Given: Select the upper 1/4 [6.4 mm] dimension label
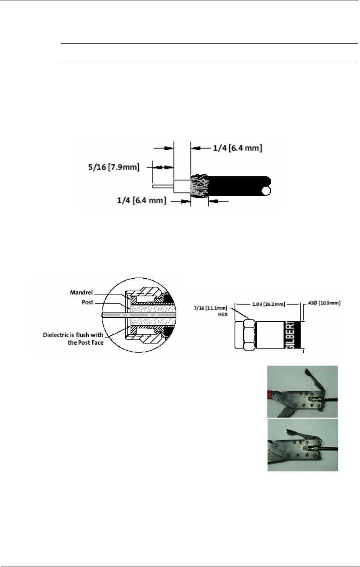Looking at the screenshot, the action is (237, 148).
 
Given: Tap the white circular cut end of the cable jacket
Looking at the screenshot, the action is (266, 191).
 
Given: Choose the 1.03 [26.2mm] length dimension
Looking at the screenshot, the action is (269, 303).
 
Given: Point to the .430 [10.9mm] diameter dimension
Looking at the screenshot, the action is (323, 303).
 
